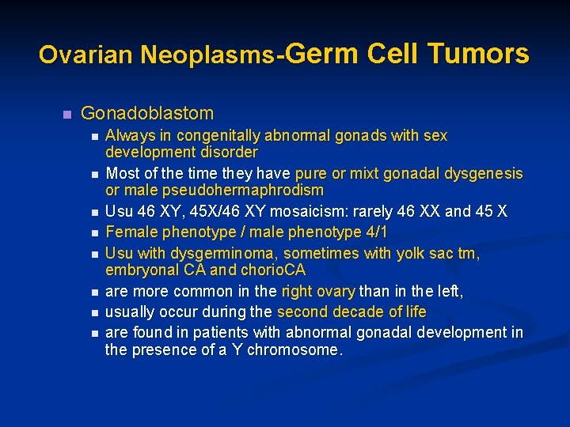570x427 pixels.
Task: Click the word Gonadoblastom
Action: pyautogui.click(x=147, y=113)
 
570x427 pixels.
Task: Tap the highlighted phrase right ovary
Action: pyautogui.click(x=317, y=291)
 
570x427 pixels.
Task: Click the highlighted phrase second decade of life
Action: pyautogui.click(x=351, y=311)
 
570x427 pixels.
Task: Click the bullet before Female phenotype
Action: pyautogui.click(x=94, y=233)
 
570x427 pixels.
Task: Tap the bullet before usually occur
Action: pyautogui.click(x=94, y=312)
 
